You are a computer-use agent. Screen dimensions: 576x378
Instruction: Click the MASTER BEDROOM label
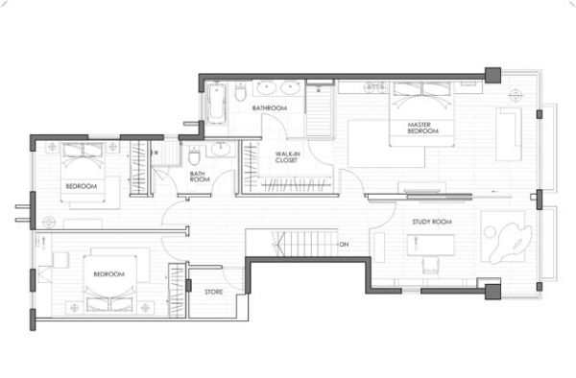pos(422,128)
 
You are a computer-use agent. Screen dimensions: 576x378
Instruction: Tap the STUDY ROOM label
pos(432,222)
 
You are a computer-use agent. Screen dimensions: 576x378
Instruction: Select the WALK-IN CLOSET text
pos(287,157)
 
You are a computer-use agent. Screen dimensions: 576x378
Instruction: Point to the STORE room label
pos(214,292)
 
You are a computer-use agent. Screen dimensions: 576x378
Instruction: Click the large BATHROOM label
pos(269,107)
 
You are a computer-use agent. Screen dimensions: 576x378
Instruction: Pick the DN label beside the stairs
pos(345,244)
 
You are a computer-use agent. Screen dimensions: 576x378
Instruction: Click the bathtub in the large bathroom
pos(216,104)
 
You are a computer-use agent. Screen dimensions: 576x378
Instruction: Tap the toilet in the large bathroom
pos(240,92)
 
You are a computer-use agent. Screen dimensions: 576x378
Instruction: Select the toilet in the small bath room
pos(194,155)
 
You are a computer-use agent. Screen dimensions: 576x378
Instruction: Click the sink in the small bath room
pos(221,150)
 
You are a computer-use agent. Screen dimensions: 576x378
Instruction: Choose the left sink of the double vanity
pos(266,88)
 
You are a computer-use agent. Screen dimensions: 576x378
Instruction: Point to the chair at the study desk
pos(430,265)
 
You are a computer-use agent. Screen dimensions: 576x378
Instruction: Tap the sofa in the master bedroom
pos(509,134)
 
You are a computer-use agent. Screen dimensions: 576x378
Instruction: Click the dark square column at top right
pos(492,75)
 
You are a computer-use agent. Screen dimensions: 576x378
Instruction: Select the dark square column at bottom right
pos(492,292)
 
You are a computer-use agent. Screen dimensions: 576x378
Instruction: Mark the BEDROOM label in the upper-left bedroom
pos(82,186)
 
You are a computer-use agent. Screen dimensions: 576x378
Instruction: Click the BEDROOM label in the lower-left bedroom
pos(109,274)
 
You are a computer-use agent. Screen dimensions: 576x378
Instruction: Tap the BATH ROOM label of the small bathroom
pos(200,177)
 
